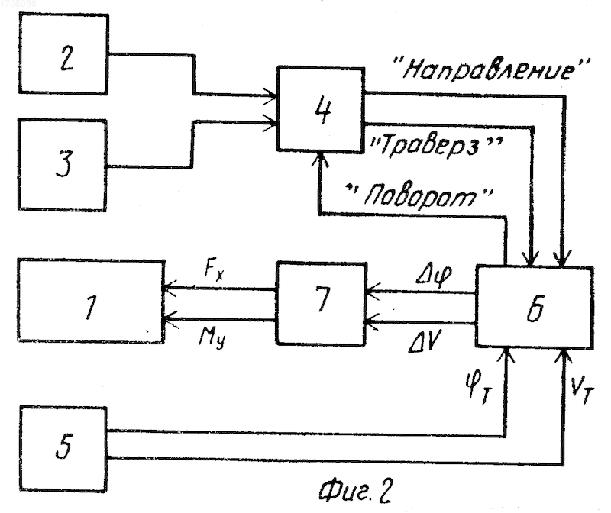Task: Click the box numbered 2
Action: point(63,53)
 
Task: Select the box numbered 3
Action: point(63,165)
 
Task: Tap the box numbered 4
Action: point(321,109)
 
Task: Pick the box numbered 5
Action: point(63,448)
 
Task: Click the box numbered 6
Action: point(534,307)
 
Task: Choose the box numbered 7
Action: point(322,303)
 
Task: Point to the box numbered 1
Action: point(91,301)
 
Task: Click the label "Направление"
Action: point(492,69)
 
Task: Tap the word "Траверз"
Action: point(436,147)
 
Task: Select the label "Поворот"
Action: point(420,195)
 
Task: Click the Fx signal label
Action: point(214,269)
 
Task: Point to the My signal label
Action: point(212,337)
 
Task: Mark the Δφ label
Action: point(433,275)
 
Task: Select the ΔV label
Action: point(424,343)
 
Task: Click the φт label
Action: point(479,387)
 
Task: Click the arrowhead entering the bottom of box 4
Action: point(320,159)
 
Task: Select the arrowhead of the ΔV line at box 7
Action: point(371,322)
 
